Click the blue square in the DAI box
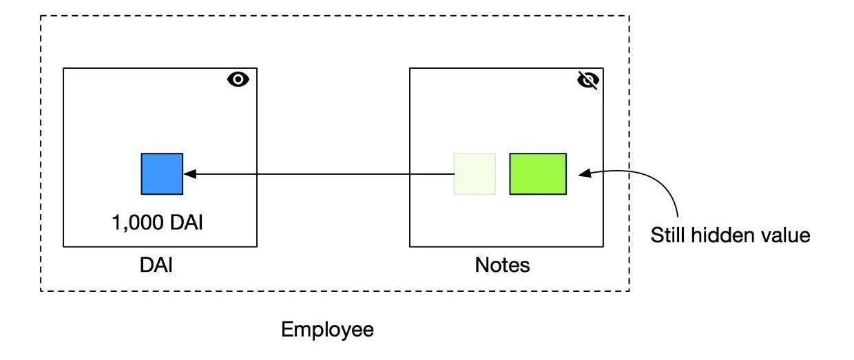tap(162, 173)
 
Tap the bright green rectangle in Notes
tap(538, 173)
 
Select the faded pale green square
tap(475, 173)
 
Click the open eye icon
tap(238, 80)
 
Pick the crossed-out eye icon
tap(587, 81)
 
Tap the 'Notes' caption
tap(503, 265)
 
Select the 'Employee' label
tap(328, 330)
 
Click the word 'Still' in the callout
tap(667, 235)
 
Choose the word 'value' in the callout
tap(787, 235)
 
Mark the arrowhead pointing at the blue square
tap(189, 174)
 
